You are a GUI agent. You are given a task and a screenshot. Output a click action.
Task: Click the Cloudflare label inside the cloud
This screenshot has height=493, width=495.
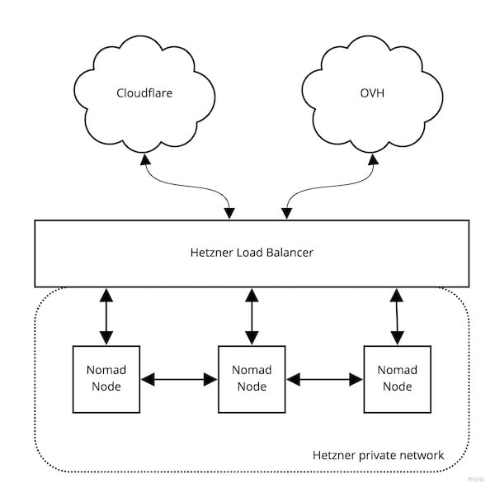pyautogui.click(x=144, y=93)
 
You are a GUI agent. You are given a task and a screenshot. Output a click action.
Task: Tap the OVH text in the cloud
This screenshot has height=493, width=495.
pyautogui.click(x=372, y=93)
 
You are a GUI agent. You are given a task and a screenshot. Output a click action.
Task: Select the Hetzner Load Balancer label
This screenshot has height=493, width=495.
pyautogui.click(x=252, y=253)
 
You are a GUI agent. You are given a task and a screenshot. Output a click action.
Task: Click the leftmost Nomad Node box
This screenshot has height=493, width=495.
pyautogui.click(x=106, y=379)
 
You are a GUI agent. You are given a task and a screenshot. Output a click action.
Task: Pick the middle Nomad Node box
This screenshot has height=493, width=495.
pyautogui.click(x=252, y=379)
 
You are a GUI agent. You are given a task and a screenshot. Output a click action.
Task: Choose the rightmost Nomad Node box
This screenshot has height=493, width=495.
pyautogui.click(x=398, y=379)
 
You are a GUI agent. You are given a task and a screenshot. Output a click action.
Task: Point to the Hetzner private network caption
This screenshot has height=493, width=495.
pyautogui.click(x=378, y=455)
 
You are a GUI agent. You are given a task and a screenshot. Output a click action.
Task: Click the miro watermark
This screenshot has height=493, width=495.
pyautogui.click(x=476, y=479)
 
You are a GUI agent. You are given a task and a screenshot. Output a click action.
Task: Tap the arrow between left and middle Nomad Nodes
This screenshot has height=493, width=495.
pyautogui.click(x=179, y=379)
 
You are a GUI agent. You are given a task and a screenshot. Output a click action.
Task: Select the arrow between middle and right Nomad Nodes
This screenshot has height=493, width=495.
pyautogui.click(x=324, y=379)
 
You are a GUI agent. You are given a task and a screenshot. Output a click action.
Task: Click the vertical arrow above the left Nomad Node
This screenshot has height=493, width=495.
pyautogui.click(x=106, y=316)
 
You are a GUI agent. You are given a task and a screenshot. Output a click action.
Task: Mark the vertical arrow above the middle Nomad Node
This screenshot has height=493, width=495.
pyautogui.click(x=252, y=316)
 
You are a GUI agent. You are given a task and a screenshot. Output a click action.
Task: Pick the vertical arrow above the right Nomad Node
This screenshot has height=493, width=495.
pyautogui.click(x=397, y=316)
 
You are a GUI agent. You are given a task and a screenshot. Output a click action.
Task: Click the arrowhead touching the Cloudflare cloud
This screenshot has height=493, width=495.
pyautogui.click(x=145, y=159)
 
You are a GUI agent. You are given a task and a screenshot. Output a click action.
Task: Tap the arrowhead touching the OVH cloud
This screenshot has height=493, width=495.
pyautogui.click(x=374, y=159)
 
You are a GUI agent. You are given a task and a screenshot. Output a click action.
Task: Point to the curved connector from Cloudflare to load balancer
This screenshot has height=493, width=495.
pyautogui.click(x=186, y=186)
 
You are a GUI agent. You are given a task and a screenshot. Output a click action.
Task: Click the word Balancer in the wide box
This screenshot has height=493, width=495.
pyautogui.click(x=290, y=253)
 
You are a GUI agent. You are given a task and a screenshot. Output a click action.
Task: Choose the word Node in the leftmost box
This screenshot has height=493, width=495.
pyautogui.click(x=106, y=386)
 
